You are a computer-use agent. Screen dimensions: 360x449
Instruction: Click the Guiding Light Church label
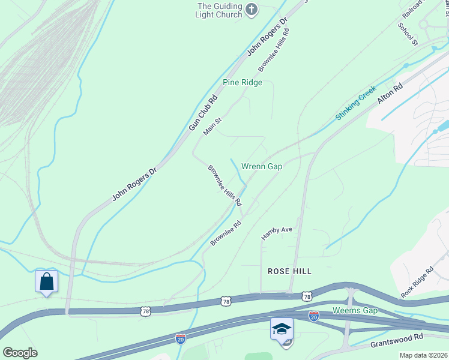pyautogui.click(x=220, y=10)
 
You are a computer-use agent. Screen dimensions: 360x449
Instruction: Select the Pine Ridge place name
pyautogui.click(x=243, y=82)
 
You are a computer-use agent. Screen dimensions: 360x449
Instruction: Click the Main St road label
pyautogui.click(x=212, y=127)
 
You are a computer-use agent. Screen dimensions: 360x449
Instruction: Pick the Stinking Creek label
pyautogui.click(x=356, y=103)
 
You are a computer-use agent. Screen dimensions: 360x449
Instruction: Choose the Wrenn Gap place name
pyautogui.click(x=262, y=166)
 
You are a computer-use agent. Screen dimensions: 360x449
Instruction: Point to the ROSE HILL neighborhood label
pyautogui.click(x=289, y=271)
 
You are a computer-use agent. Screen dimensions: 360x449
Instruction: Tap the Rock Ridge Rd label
pyautogui.click(x=417, y=283)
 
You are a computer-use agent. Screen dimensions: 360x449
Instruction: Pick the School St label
pyautogui.click(x=408, y=35)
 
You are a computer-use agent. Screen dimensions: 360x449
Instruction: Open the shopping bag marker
pyautogui.click(x=47, y=281)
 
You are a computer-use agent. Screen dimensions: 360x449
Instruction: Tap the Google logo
pyautogui.click(x=20, y=353)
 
